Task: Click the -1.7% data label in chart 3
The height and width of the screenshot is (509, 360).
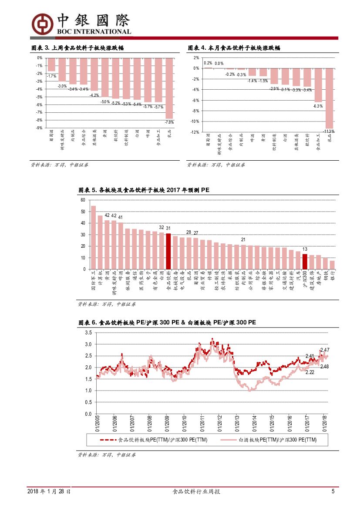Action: point(52,76)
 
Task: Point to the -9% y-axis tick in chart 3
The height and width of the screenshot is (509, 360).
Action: point(39,128)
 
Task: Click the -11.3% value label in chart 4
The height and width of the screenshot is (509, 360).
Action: point(329,131)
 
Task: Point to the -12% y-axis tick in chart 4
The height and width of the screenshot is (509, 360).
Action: point(195,132)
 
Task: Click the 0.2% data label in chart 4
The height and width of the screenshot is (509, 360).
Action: point(208,63)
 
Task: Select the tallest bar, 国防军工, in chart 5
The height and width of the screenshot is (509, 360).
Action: point(93,237)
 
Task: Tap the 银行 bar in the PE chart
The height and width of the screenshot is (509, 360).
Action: point(332,265)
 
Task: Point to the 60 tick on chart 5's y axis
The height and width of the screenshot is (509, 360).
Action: point(83,200)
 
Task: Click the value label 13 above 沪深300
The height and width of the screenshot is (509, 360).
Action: point(305,249)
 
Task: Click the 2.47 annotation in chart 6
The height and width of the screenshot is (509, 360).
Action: point(325,350)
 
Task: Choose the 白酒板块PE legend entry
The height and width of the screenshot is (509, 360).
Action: point(277,440)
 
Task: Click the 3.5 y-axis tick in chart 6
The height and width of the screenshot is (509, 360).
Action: point(88,333)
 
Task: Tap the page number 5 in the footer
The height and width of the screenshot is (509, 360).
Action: point(333,492)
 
